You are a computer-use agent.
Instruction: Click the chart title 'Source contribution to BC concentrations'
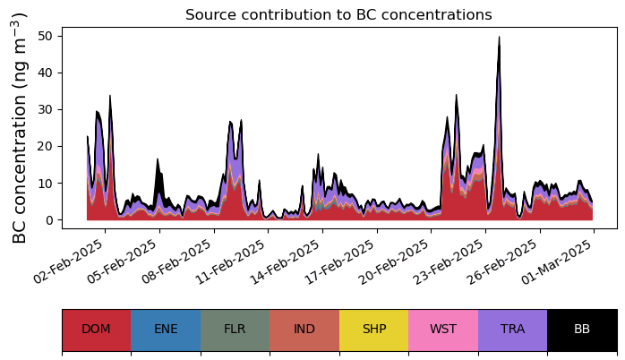338,14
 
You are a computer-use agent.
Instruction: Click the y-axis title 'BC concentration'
19,167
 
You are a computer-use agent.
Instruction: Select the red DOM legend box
97,330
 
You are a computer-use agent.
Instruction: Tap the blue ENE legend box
166,330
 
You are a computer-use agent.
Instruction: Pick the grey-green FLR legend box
235,330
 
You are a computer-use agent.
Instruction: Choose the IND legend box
304,330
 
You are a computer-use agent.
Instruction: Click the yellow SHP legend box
374,330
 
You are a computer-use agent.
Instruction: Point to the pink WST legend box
443,330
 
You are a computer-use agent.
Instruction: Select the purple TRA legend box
512,330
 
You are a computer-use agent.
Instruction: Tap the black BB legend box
582,330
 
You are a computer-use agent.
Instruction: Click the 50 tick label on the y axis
45,37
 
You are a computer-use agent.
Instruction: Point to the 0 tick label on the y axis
49,220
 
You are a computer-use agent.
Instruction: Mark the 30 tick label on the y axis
45,109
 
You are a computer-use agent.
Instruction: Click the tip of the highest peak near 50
499,37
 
